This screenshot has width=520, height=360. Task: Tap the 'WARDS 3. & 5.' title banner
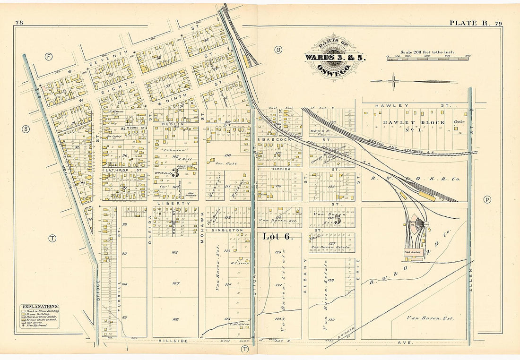pyautogui.click(x=334, y=57)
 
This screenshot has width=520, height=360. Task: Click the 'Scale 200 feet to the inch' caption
pyautogui.click(x=427, y=52)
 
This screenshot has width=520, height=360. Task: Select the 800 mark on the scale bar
pyautogui.click(x=467, y=56)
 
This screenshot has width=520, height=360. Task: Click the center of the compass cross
pyautogui.click(x=393, y=81)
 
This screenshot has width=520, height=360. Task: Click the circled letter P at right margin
pyautogui.click(x=487, y=199)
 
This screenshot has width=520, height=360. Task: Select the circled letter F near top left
pyautogui.click(x=48, y=57)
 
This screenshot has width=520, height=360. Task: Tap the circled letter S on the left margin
pyautogui.click(x=26, y=129)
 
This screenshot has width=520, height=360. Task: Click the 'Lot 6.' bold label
pyautogui.click(x=277, y=237)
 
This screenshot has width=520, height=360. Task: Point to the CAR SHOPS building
pyautogui.click(x=413, y=252)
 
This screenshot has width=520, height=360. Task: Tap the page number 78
pyautogui.click(x=19, y=23)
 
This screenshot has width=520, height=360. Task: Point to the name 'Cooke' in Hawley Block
pyautogui.click(x=459, y=122)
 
